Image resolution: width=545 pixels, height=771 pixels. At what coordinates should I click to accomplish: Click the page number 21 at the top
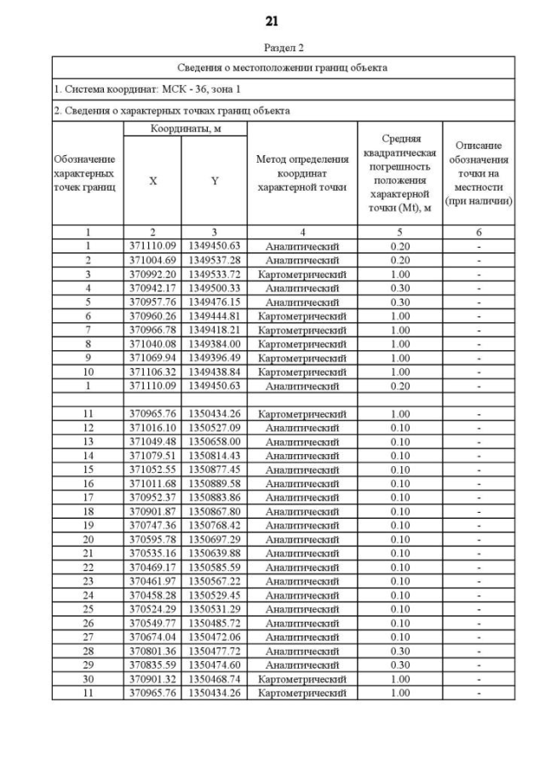point(272,20)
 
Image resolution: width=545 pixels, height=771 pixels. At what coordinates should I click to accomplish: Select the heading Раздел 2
point(272,49)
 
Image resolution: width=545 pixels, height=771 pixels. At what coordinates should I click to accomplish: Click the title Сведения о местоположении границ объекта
point(272,67)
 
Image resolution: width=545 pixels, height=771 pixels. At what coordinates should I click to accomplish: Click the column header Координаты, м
point(185,128)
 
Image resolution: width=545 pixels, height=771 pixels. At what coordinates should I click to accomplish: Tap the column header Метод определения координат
point(301,174)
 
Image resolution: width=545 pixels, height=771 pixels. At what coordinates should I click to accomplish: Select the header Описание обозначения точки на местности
point(479,174)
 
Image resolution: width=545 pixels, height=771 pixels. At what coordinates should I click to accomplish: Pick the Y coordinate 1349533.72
point(215,273)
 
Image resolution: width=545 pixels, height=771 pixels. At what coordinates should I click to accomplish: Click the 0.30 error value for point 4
point(399,288)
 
